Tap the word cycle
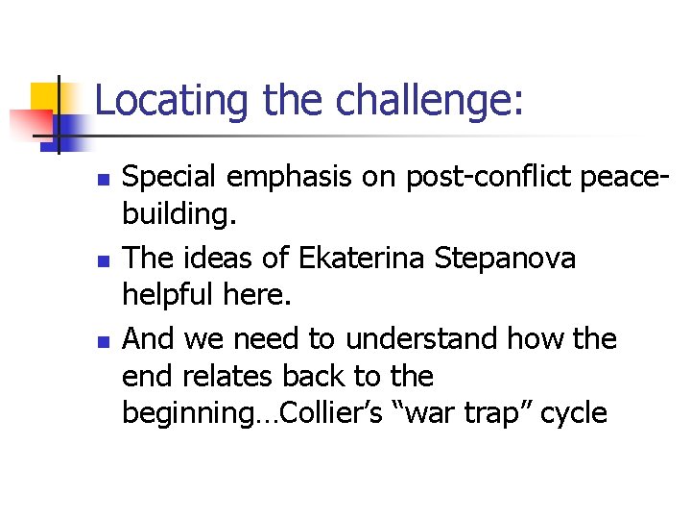pos(573,414)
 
